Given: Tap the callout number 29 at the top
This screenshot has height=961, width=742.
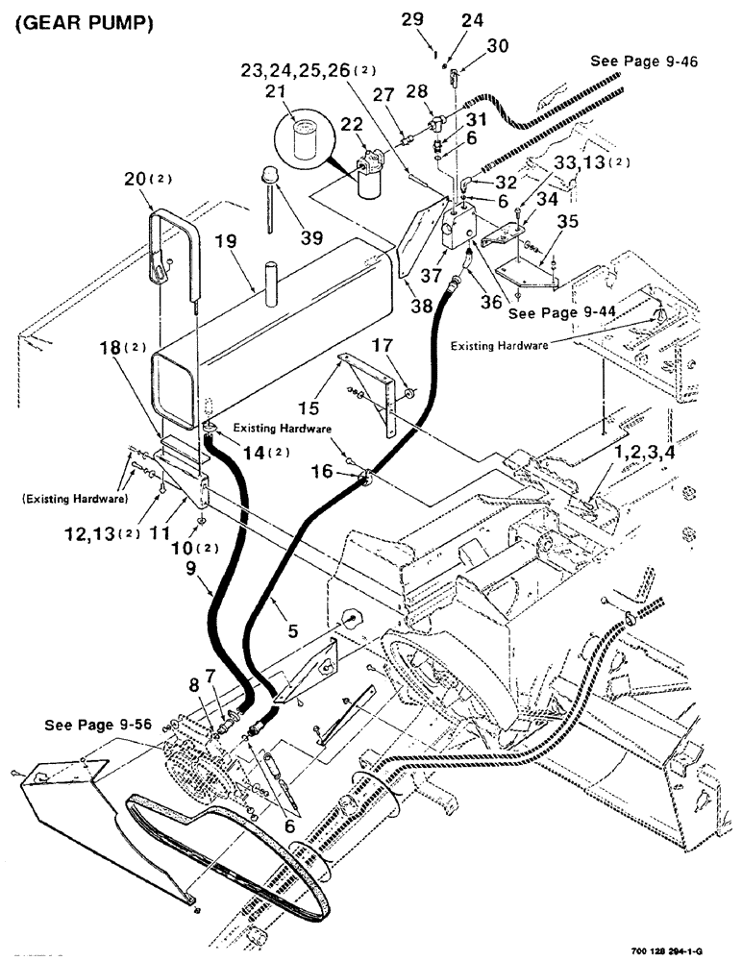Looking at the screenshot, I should point(411,18).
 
